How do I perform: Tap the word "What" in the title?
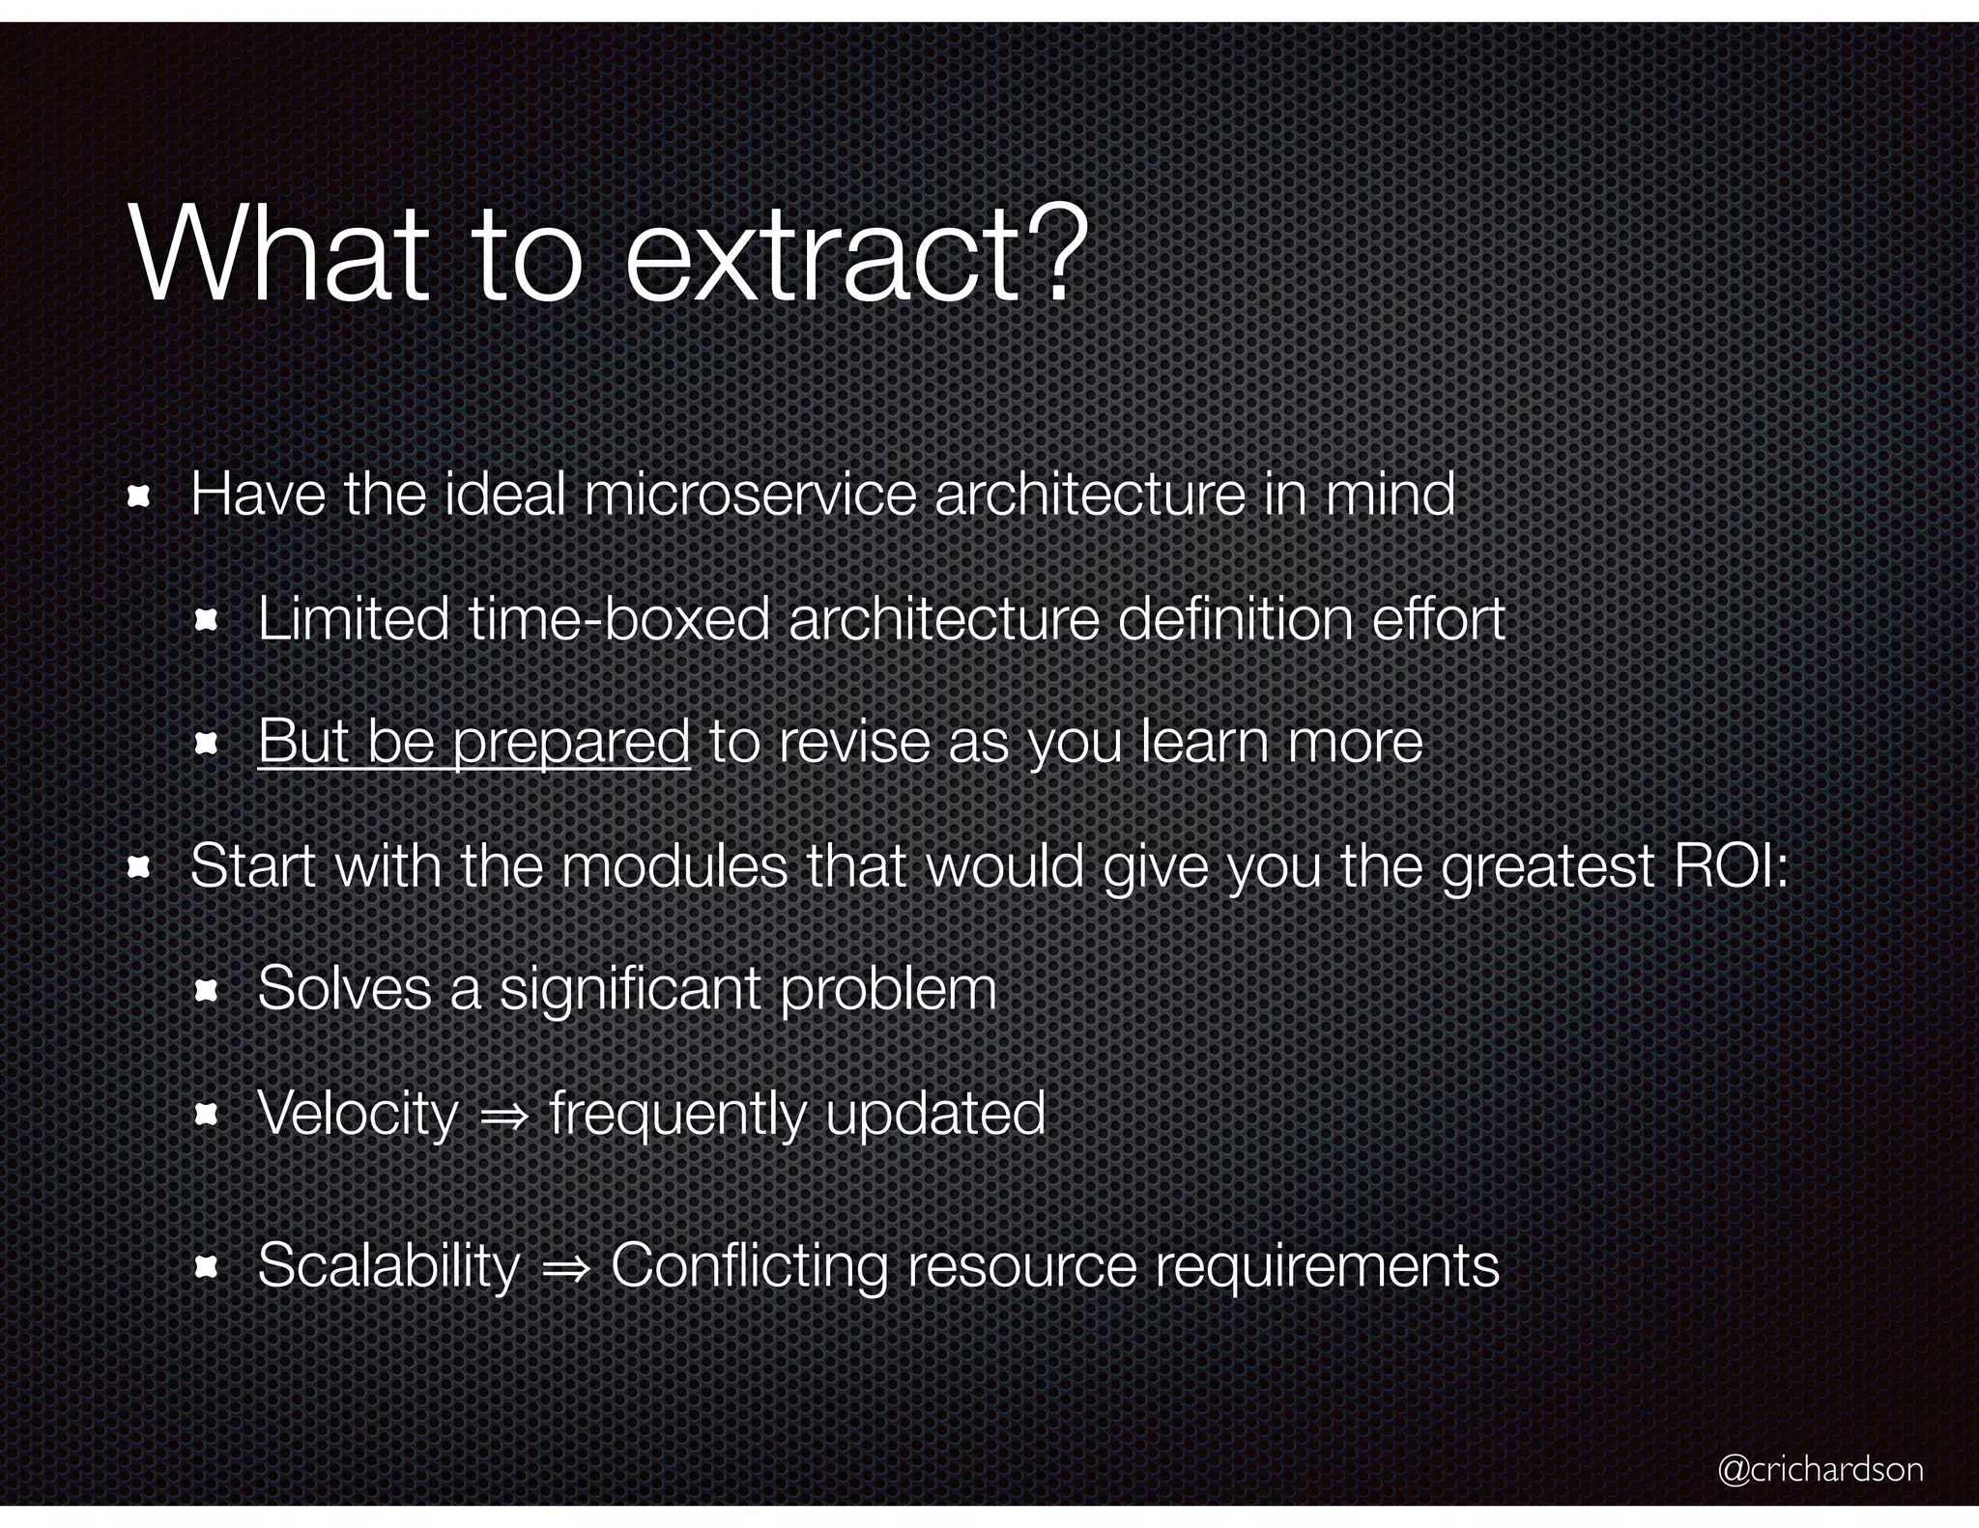(279, 255)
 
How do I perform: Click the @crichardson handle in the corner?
(1820, 1468)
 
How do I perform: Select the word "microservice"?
(750, 495)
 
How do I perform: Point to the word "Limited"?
(354, 618)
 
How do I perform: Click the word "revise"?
(851, 742)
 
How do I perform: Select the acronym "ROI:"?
(1731, 865)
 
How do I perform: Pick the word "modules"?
(674, 865)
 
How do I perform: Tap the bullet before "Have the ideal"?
(138, 496)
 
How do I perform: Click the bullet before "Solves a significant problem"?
(206, 992)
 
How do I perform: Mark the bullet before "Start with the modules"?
(138, 867)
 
